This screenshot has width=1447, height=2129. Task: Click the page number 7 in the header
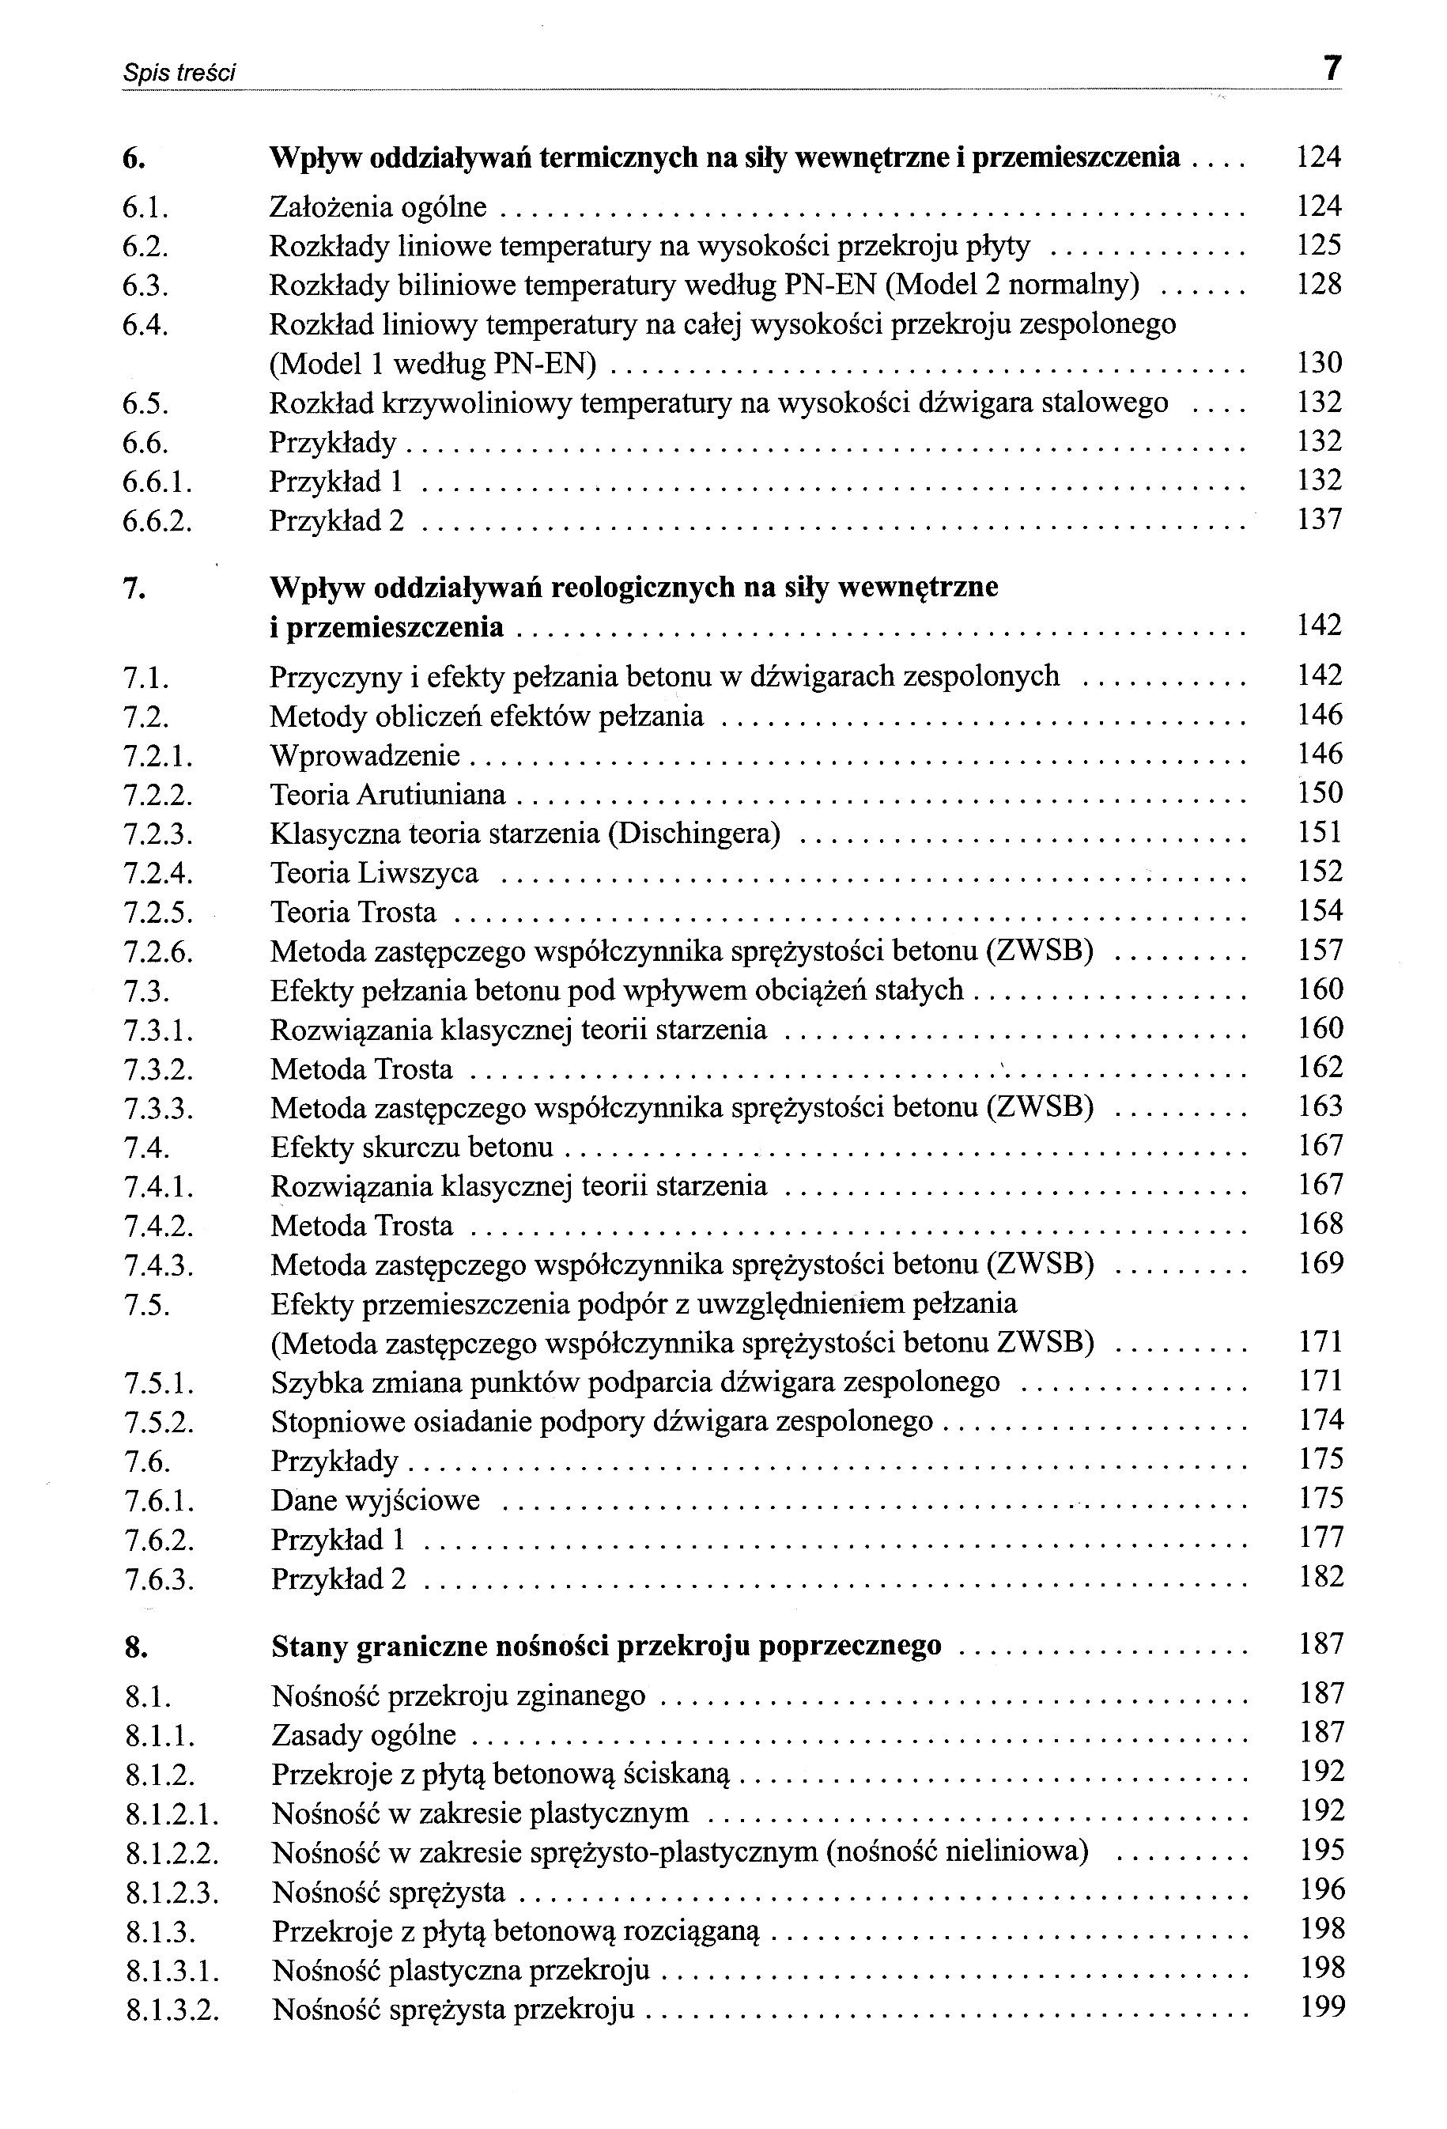pos(1332,69)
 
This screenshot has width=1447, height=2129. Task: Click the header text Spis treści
pos(179,73)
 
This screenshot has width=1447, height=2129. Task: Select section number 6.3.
pos(145,286)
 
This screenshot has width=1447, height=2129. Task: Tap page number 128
pos(1319,284)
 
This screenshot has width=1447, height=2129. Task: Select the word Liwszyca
pos(417,873)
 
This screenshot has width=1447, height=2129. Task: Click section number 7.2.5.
pos(157,913)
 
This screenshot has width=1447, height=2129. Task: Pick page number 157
pos(1320,951)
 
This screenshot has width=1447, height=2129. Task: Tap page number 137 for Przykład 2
pos(1319,520)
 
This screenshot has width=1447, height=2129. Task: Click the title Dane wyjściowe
pos(375,1500)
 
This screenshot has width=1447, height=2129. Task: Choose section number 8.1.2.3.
pos(172,1893)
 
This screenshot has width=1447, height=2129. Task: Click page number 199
pos(1321,2007)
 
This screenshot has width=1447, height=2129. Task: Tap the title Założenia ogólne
pos(377,207)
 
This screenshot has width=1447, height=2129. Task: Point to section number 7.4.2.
pos(157,1227)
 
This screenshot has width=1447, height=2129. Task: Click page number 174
pos(1320,1421)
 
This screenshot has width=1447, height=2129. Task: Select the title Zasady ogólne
pos(364,1735)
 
